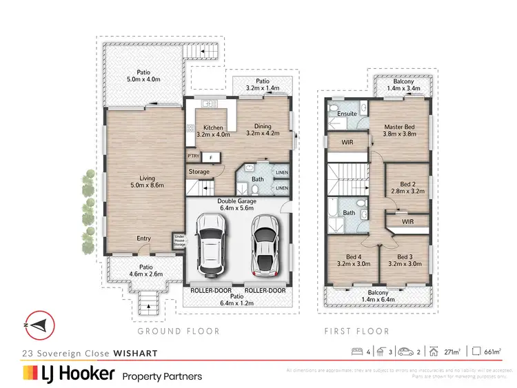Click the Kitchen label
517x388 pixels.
pos(208,131)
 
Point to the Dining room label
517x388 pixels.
pos(262,130)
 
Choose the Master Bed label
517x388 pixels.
pos(399,131)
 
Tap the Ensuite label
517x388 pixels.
pos(347,114)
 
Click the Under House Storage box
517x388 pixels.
pos(179,240)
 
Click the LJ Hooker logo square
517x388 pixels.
pos(30,374)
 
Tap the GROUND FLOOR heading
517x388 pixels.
pos(179,331)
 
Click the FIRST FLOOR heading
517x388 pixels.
pos(356,331)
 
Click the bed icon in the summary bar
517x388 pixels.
pos(357,352)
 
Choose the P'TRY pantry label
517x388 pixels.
pos(192,156)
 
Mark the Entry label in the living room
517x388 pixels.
pos(143,238)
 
